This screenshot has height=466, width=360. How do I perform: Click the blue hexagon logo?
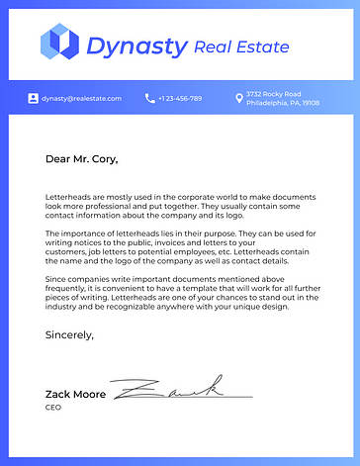click(x=58, y=43)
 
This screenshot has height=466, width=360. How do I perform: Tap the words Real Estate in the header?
click(x=242, y=47)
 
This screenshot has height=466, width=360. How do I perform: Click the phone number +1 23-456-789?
click(x=180, y=99)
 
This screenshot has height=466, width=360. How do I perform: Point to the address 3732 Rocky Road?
click(x=268, y=94)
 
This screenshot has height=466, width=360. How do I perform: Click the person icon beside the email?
click(x=34, y=99)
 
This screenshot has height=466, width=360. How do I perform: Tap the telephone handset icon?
click(x=149, y=99)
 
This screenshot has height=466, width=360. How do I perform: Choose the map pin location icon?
click(x=238, y=99)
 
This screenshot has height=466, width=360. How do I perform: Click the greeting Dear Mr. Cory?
click(x=81, y=158)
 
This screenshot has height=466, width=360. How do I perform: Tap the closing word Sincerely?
click(x=69, y=335)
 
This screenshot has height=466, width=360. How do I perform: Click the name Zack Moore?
click(x=75, y=394)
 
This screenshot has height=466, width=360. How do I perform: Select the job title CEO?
click(x=53, y=408)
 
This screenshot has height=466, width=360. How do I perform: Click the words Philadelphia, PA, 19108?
click(x=283, y=103)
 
